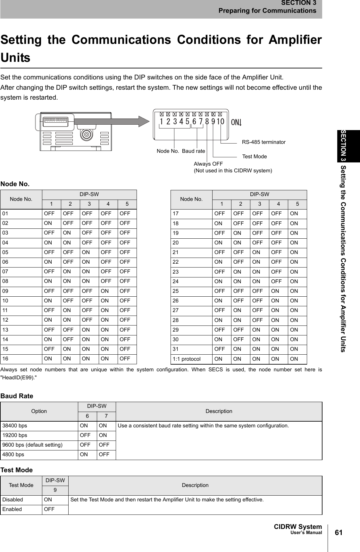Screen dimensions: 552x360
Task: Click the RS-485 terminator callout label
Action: [264, 142]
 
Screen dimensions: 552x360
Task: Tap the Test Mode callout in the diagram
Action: [254, 157]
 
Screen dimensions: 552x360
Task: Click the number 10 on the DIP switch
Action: [220, 122]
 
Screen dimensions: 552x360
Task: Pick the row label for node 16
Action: [5, 358]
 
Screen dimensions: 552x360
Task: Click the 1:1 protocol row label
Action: [187, 359]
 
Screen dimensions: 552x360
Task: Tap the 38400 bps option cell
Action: [15, 426]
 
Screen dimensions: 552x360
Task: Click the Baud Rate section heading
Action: [17, 396]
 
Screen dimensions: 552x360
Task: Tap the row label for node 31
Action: [175, 349]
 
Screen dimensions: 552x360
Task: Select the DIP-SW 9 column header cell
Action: [55, 490]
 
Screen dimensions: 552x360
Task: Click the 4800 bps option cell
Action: [13, 454]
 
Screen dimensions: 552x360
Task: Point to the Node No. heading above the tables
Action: [15, 184]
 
